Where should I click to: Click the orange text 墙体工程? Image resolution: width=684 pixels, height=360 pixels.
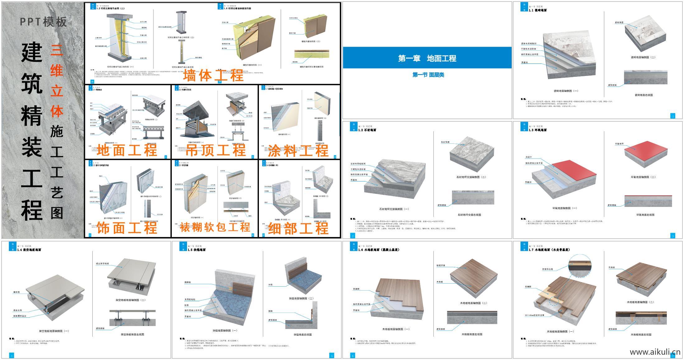point(213,75)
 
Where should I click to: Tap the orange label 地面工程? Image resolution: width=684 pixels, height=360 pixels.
point(127,150)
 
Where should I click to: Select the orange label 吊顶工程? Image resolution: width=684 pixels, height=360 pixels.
point(215,150)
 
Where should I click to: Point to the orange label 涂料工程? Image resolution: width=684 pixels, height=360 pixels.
point(298,151)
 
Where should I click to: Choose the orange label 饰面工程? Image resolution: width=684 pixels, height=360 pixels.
point(127,228)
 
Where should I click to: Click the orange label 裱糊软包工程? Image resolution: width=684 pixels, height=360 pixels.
point(215,227)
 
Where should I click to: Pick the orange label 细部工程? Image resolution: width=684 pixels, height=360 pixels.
point(298,228)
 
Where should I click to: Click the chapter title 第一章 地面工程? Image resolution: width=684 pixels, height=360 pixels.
point(427,58)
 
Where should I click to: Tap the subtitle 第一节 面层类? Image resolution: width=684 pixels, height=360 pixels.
point(428,75)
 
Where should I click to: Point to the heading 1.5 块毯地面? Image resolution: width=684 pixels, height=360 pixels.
point(196,250)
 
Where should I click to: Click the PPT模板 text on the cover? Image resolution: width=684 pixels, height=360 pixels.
point(43,22)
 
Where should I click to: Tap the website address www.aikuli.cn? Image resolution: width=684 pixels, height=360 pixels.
point(655,352)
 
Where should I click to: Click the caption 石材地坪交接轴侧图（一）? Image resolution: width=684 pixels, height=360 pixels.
point(394,209)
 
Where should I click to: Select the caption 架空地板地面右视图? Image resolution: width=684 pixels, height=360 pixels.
point(132,334)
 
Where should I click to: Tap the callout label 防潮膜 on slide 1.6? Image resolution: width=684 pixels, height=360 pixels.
point(356,289)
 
